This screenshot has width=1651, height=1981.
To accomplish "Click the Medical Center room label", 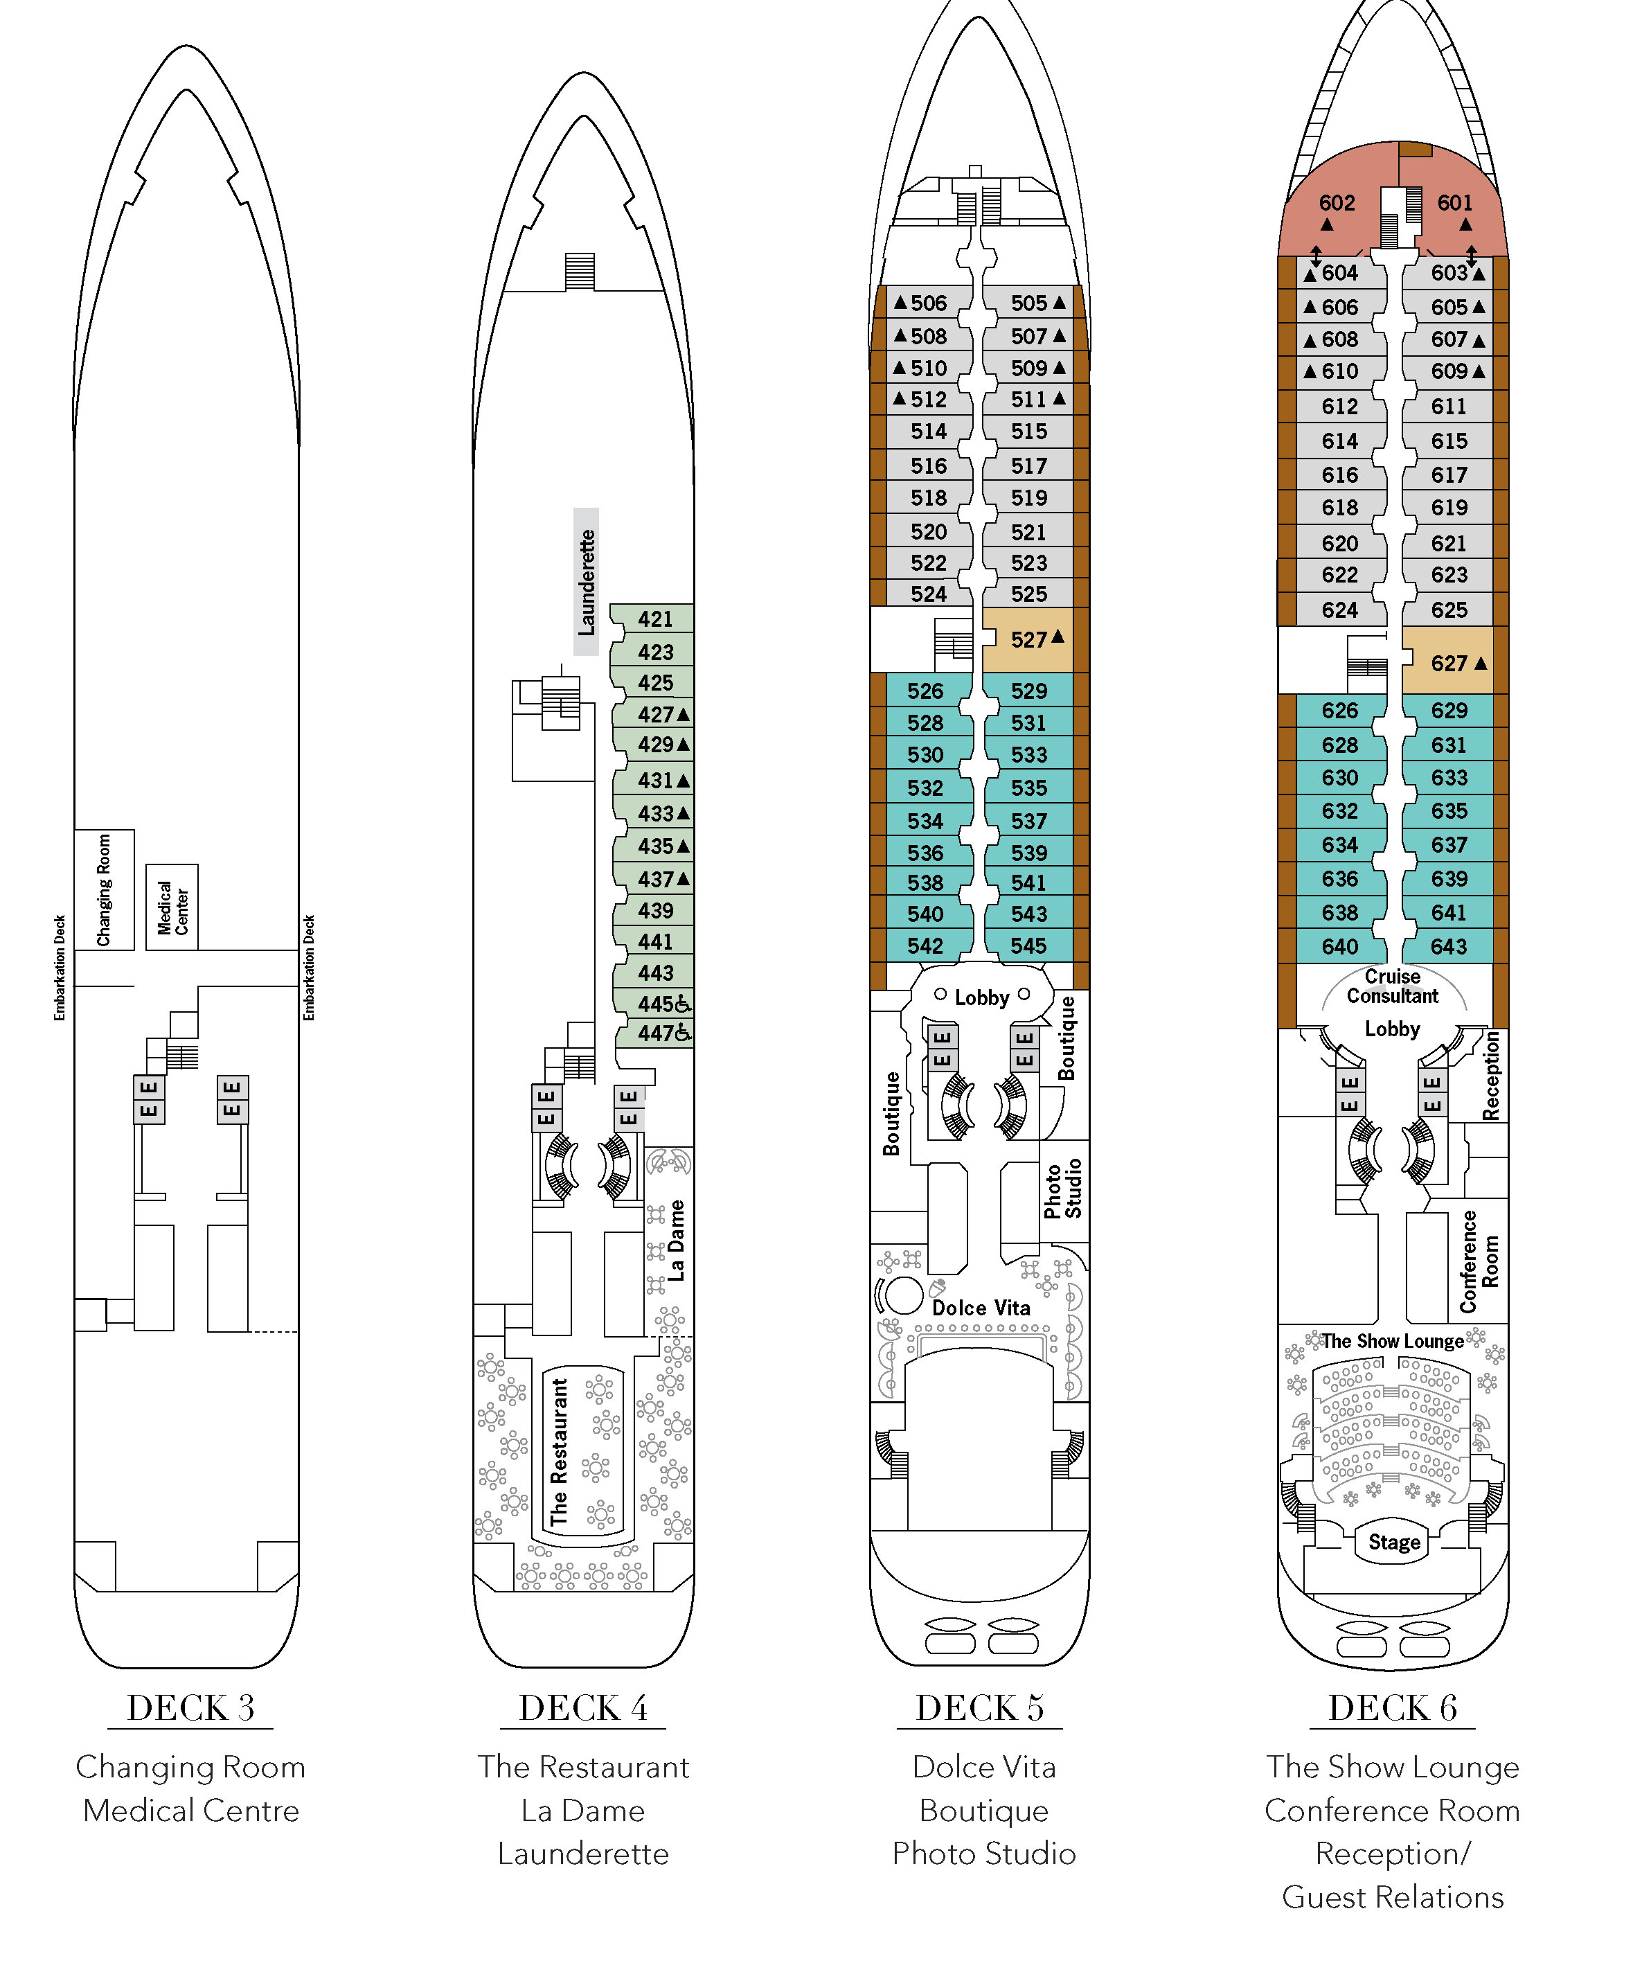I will point(172,907).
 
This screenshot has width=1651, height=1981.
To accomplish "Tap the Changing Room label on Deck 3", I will point(104,889).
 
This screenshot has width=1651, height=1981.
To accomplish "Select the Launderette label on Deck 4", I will point(586,582).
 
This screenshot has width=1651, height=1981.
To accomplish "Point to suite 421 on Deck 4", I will point(654,619).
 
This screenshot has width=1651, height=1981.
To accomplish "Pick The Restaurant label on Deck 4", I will point(560,1452).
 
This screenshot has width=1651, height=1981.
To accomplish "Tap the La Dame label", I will point(675,1240).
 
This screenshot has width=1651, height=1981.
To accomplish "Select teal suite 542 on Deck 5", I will point(925,945).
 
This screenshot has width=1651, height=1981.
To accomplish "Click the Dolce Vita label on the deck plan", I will point(981,1308).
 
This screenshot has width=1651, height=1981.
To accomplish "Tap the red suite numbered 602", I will point(1337,203).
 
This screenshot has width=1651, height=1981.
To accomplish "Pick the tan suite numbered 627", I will point(1448,663).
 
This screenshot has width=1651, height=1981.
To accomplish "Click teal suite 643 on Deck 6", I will point(1448,946).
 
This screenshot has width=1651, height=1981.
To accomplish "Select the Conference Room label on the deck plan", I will point(1479,1261).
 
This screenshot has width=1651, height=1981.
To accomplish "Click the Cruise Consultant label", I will point(1393,986).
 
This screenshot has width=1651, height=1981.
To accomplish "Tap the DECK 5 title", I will point(979,1707).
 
